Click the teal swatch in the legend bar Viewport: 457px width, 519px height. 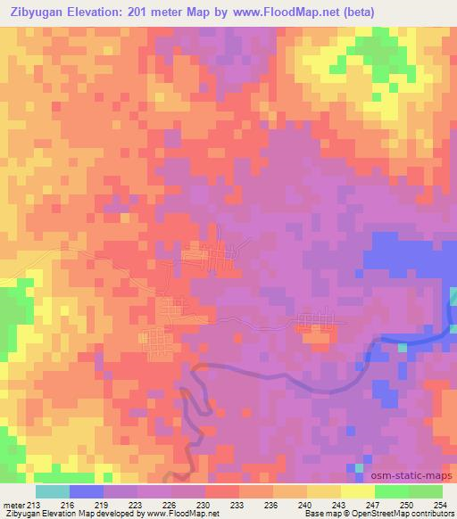pyautogui.click(x=53, y=491)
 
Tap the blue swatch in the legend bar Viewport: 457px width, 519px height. pyautogui.click(x=87, y=491)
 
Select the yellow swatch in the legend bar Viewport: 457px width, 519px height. pyautogui.click(x=358, y=491)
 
